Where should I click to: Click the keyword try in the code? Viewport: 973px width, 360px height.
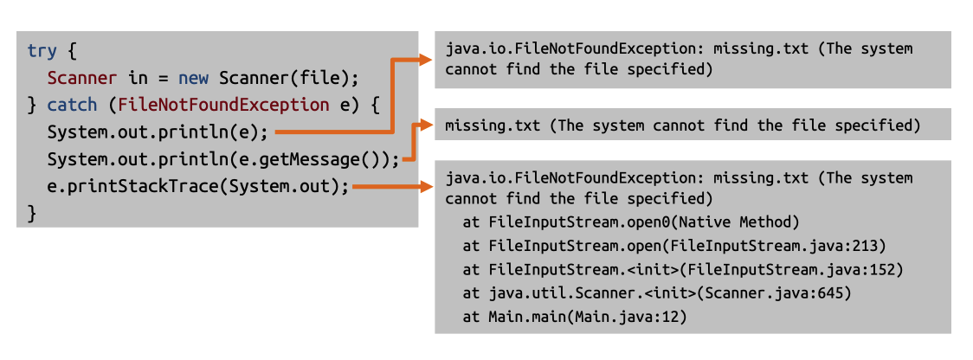click(x=40, y=50)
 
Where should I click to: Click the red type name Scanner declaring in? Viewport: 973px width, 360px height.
click(x=81, y=78)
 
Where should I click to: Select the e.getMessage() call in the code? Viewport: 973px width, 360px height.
click(x=319, y=160)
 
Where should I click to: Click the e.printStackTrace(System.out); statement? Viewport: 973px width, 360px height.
click(x=198, y=187)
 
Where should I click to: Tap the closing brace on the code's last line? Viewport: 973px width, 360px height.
click(x=32, y=213)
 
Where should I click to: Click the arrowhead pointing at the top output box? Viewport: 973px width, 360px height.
click(x=425, y=59)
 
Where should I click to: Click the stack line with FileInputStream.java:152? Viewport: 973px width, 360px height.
click(x=683, y=269)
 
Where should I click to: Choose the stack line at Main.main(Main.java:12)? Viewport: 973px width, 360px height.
click(x=574, y=317)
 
